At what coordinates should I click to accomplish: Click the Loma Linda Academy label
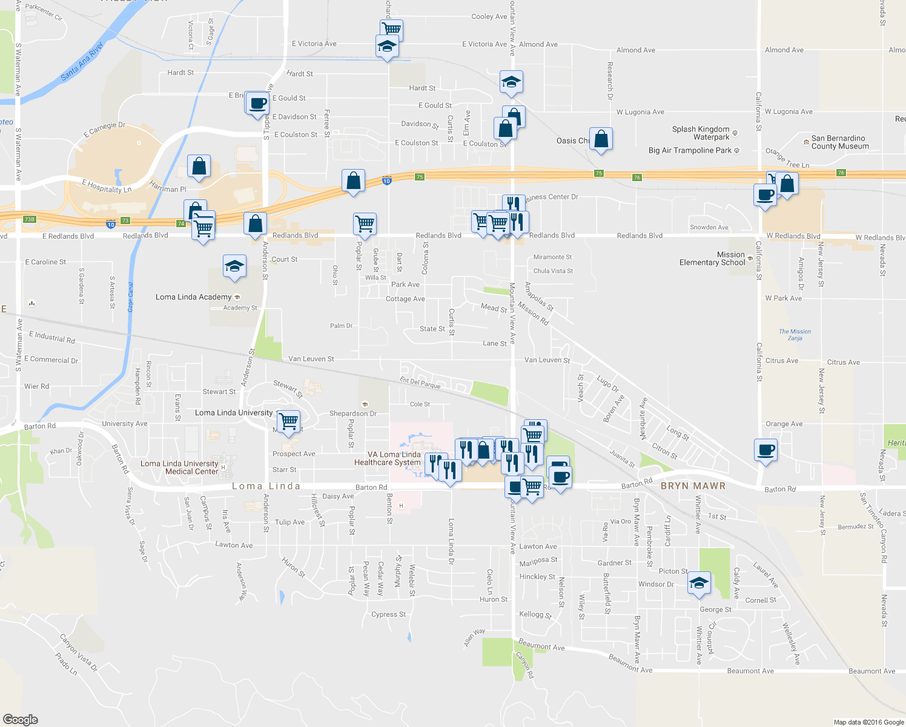[193, 297]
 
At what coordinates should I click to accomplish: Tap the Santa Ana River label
[82, 61]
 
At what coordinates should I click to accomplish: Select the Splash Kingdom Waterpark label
[701, 133]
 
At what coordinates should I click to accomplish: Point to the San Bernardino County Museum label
[840, 142]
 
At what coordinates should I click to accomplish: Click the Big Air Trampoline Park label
[690, 150]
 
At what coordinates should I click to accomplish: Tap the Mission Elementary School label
[712, 259]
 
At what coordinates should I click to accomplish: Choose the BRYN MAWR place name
[693, 486]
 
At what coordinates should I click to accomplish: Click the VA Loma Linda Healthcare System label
[388, 459]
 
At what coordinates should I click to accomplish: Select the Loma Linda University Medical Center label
[179, 468]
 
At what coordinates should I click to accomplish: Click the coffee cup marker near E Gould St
[258, 103]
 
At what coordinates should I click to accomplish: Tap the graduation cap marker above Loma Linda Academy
[234, 266]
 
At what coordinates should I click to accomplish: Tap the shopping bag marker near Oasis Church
[601, 139]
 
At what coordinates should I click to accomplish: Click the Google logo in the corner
[20, 720]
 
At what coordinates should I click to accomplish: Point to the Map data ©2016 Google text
[868, 722]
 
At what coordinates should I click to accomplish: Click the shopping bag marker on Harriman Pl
[199, 166]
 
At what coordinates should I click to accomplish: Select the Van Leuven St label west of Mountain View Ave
[311, 359]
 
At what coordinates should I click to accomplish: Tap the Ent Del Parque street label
[420, 382]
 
